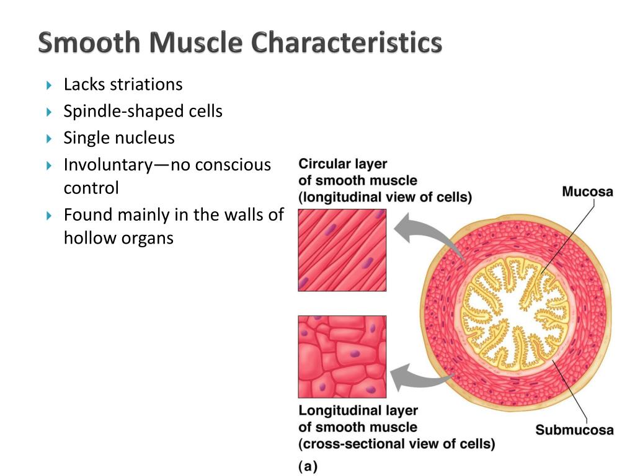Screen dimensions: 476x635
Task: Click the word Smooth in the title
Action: [88, 43]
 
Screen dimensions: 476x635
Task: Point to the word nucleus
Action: [144, 138]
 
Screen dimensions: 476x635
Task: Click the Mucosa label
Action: [587, 192]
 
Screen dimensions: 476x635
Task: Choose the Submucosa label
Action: [574, 430]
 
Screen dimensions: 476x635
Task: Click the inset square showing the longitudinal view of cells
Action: [342, 250]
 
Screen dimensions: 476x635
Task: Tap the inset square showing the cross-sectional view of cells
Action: [342, 356]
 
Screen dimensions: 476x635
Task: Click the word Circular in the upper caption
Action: [325, 164]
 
